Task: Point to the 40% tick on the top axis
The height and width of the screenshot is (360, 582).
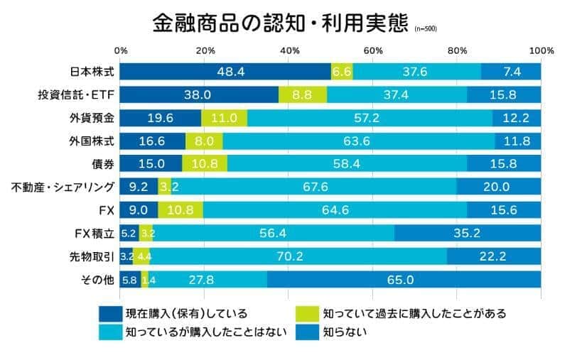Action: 289,51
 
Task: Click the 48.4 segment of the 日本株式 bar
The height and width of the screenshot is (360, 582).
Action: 226,72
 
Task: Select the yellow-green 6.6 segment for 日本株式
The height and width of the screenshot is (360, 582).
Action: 342,72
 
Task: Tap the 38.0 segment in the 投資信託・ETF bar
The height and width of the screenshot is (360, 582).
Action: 199,94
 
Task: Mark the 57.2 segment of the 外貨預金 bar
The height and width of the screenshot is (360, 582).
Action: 370,117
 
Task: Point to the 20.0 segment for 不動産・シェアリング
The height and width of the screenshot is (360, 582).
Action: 499,187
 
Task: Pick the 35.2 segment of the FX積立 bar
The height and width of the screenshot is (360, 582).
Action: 467,233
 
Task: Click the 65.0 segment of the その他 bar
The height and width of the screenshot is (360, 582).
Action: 404,280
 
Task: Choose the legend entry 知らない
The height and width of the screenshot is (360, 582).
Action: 345,331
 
